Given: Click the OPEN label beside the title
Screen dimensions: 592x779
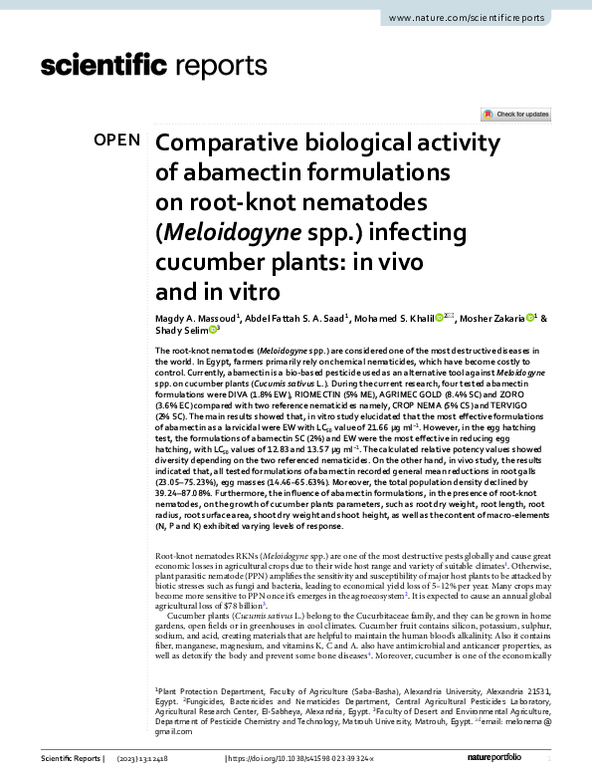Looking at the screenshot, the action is pyautogui.click(x=116, y=139).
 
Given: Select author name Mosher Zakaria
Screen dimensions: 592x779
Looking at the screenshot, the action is pyautogui.click(x=496, y=318).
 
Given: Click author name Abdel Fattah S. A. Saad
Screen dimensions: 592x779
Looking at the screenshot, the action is pyautogui.click(x=296, y=318).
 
